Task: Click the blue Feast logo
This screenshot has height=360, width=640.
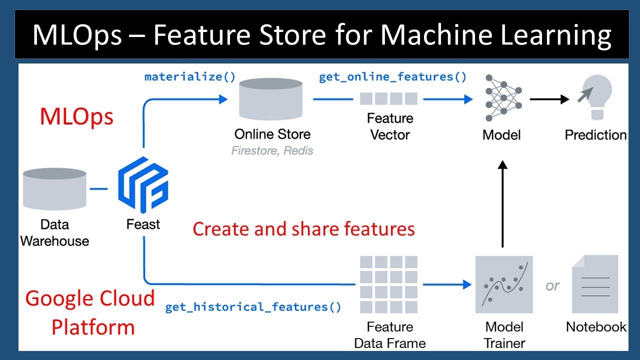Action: pyautogui.click(x=143, y=185)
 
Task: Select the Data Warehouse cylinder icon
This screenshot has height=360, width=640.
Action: pyautogui.click(x=54, y=189)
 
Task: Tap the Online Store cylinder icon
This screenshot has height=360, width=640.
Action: pyautogui.click(x=270, y=99)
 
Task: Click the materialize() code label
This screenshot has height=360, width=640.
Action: pyautogui.click(x=190, y=77)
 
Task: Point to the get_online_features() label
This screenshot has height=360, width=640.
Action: pyautogui.click(x=392, y=77)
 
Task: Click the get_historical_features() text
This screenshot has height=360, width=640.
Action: pyautogui.click(x=253, y=307)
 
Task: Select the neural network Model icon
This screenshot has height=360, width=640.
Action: pyautogui.click(x=503, y=98)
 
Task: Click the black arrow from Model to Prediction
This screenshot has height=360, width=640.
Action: pyautogui.click(x=549, y=99)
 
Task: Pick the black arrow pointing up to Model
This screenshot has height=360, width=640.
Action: pyautogui.click(x=502, y=203)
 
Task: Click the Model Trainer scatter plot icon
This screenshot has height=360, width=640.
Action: pyautogui.click(x=504, y=284)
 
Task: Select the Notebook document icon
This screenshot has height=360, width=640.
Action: pyautogui.click(x=595, y=284)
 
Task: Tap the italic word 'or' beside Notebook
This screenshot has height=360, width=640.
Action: pyautogui.click(x=552, y=285)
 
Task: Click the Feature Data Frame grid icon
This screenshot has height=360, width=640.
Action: pyautogui.click(x=388, y=284)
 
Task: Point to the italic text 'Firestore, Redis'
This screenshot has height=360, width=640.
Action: pyautogui.click(x=272, y=150)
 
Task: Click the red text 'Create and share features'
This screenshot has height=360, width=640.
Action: pyautogui.click(x=303, y=229)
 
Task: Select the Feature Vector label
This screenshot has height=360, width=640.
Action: pyautogui.click(x=390, y=126)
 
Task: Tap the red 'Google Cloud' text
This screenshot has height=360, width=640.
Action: pyautogui.click(x=90, y=298)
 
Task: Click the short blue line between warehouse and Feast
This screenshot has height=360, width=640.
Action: pyautogui.click(x=98, y=189)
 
